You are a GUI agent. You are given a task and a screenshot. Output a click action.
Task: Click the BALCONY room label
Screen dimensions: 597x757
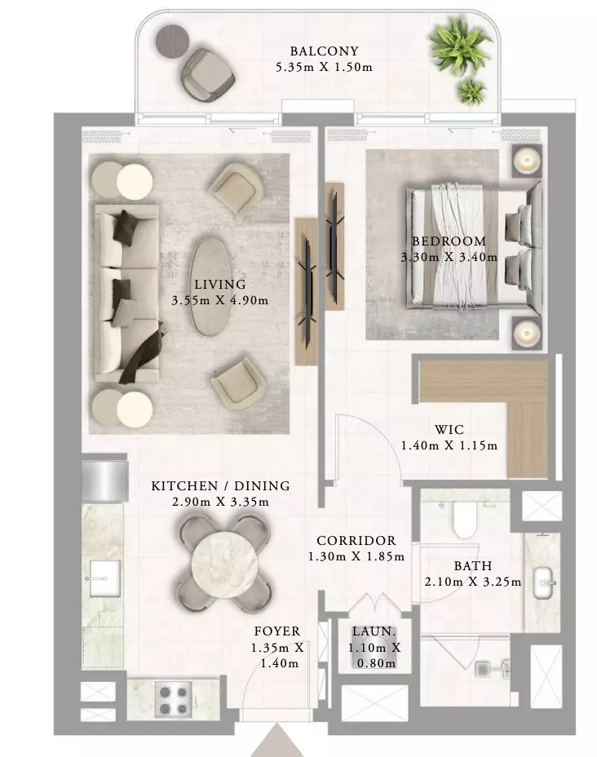click(324, 51)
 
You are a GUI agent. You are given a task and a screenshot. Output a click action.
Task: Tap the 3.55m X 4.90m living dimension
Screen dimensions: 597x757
click(220, 300)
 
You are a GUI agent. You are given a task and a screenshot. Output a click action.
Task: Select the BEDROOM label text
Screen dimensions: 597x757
click(449, 241)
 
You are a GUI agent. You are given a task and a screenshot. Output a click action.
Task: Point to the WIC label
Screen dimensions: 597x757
click(449, 429)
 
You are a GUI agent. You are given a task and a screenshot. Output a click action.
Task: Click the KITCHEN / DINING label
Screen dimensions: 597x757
click(220, 485)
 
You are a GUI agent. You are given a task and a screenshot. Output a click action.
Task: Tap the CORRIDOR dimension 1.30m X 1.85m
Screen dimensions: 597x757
click(356, 556)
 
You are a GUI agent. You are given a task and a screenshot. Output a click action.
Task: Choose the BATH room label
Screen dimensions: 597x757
click(473, 566)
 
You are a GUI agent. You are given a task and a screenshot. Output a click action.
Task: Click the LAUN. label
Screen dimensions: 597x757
click(374, 631)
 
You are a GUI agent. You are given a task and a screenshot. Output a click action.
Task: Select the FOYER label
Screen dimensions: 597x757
click(277, 631)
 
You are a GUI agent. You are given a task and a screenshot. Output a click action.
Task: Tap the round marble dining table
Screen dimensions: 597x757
click(224, 563)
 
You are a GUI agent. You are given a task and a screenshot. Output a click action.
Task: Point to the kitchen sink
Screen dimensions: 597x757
click(104, 578)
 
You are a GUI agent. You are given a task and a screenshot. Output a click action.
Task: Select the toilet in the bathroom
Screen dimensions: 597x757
click(465, 520)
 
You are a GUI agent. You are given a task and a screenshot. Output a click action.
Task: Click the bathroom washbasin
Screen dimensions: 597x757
click(543, 582)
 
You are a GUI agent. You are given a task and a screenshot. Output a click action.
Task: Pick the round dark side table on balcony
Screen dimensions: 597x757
click(172, 41)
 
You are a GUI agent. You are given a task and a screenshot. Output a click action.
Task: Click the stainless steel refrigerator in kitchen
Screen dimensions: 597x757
click(104, 480)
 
